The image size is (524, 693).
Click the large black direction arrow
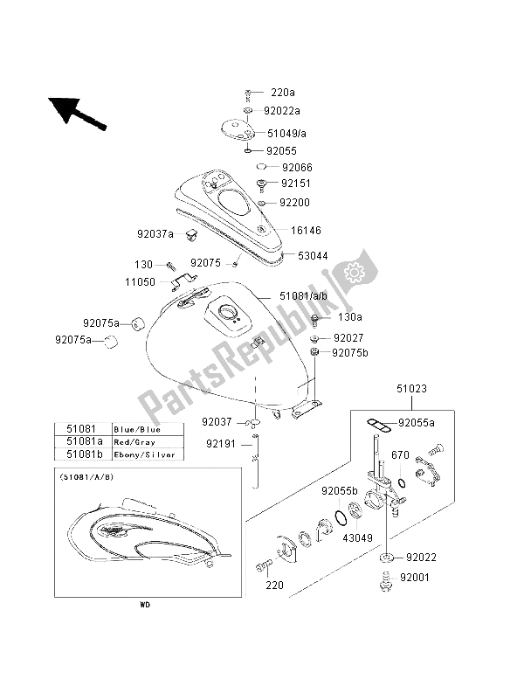[x=77, y=113]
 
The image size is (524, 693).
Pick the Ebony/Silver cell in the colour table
[x=144, y=454]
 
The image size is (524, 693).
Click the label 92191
[x=222, y=443]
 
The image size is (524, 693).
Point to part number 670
[x=401, y=454]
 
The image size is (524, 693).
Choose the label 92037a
[x=155, y=233]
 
